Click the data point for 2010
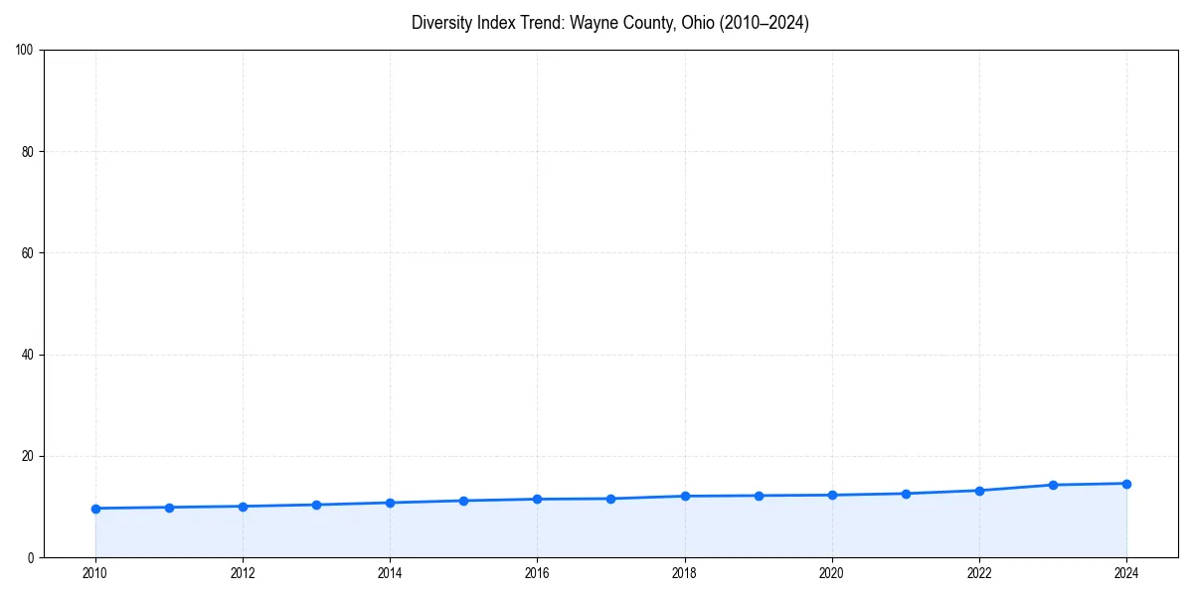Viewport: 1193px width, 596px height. [95, 509]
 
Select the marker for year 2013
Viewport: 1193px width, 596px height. [316, 505]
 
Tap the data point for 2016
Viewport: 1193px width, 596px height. [537, 499]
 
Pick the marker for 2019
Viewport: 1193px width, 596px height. [759, 496]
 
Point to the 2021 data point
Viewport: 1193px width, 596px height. [906, 494]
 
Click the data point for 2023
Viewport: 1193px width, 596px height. [1053, 485]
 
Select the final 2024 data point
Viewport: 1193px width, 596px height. [1126, 484]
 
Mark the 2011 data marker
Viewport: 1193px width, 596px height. [169, 508]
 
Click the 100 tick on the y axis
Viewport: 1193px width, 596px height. [25, 51]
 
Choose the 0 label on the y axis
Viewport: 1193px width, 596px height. [31, 557]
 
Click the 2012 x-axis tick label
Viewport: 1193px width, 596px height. [243, 573]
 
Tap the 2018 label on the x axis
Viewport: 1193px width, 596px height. [684, 573]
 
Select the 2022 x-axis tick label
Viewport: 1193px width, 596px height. [979, 573]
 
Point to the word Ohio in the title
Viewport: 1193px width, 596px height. [697, 23]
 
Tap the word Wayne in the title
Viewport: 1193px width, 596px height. [592, 23]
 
